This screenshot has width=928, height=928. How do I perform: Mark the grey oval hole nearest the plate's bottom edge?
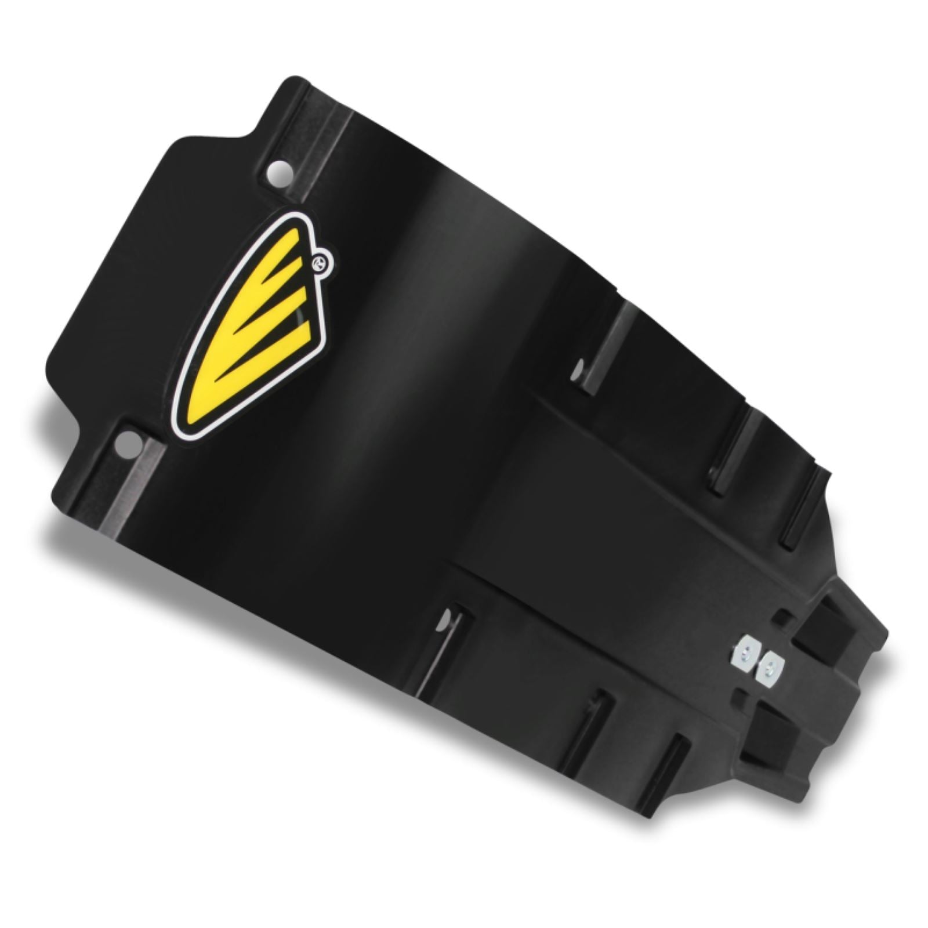point(443,624)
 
